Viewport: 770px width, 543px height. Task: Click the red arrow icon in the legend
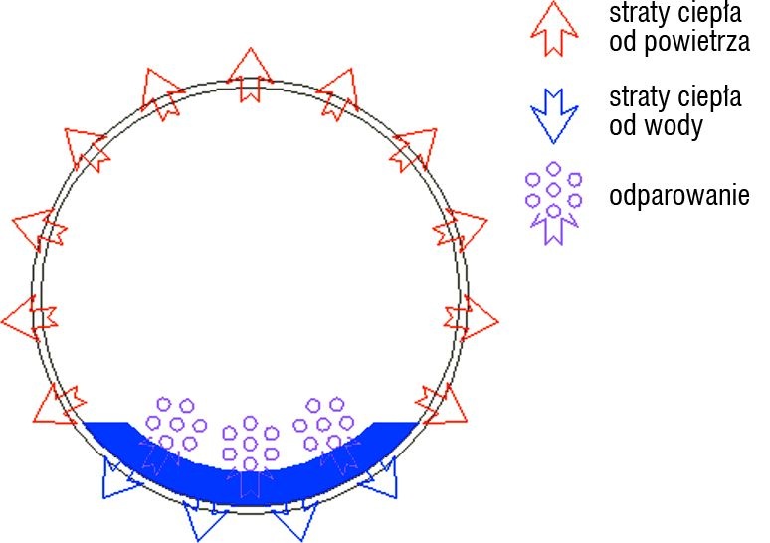tap(554, 29)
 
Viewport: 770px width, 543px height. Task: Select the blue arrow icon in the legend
tap(554, 116)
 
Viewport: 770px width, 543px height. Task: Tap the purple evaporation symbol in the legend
tap(553, 202)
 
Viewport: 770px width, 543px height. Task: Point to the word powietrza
tap(696, 41)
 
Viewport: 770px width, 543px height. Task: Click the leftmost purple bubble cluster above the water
tap(176, 425)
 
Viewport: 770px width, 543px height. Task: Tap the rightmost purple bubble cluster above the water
tap(323, 425)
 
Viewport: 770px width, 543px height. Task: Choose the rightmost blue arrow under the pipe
tap(381, 478)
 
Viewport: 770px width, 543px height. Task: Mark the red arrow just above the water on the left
tap(59, 406)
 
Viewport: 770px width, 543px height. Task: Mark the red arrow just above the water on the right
tap(442, 406)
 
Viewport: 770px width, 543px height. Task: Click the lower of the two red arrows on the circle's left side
tap(30, 318)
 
